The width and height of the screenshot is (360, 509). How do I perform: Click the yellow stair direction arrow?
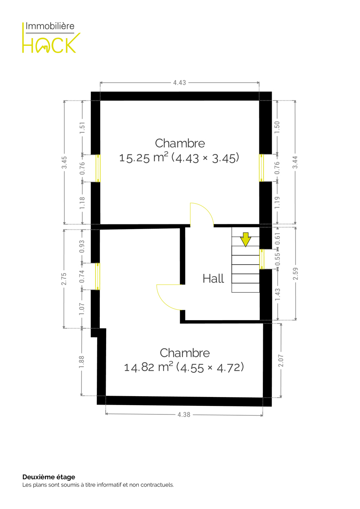click(245, 239)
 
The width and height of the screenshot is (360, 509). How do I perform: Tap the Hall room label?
click(213, 279)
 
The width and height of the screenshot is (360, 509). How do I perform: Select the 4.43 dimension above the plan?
click(180, 83)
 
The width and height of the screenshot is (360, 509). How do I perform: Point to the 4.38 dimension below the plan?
click(183, 415)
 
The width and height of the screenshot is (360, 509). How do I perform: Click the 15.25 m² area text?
click(144, 157)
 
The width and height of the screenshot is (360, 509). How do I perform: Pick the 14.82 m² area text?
click(148, 367)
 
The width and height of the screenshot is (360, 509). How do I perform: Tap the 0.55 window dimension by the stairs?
click(278, 259)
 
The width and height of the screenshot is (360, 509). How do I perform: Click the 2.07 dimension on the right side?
click(281, 361)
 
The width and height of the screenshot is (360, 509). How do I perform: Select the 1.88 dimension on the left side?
click(82, 362)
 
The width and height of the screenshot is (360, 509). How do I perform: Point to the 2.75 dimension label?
click(64, 279)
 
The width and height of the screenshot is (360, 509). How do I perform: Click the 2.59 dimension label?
click(295, 274)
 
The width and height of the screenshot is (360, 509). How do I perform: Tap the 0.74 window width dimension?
click(82, 276)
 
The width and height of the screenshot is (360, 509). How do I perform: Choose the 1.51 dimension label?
click(82, 128)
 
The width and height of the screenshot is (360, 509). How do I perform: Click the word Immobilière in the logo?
click(50, 26)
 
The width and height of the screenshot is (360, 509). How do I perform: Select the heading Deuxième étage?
click(49, 477)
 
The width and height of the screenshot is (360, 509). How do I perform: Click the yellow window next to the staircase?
click(262, 259)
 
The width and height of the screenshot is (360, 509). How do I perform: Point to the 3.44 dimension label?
click(295, 162)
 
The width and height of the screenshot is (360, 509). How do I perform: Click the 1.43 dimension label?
click(278, 294)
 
